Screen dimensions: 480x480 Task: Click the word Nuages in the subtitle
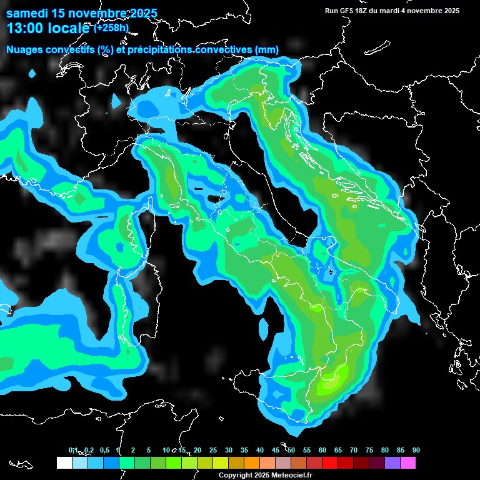tap(27, 50)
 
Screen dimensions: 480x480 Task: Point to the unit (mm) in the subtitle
tap(266, 50)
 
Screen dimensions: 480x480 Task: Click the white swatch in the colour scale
tap(64, 462)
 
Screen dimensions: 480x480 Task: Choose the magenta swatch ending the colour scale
tap(407, 462)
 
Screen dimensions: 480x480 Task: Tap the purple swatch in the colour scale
tap(392, 462)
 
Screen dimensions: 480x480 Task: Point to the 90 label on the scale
tap(416, 450)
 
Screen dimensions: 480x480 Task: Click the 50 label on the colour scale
tap(291, 450)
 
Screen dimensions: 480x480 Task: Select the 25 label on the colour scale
tap(213, 450)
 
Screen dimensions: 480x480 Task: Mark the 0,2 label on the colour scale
tap(89, 450)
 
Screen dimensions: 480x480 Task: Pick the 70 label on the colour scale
tap(353, 450)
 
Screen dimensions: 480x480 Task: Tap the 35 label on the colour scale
tap(244, 450)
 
